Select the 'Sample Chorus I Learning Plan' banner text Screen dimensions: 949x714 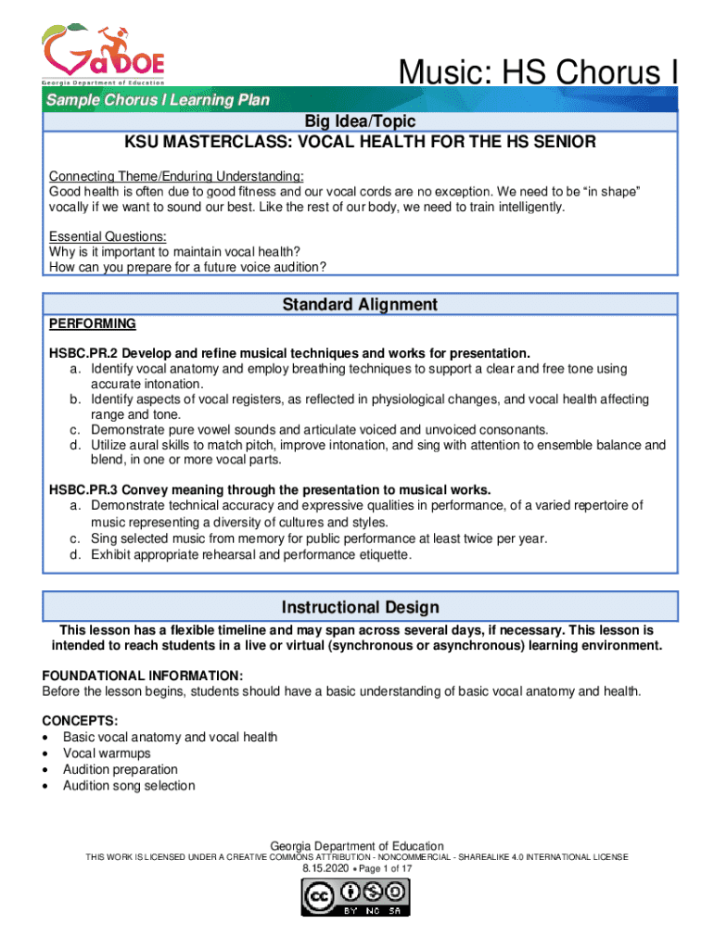pos(159,100)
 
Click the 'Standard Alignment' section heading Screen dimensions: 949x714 pos(360,304)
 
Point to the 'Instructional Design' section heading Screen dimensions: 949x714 pos(360,607)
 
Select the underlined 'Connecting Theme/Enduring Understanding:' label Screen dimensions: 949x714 pos(176,176)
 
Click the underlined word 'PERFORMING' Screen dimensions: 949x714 pos(92,323)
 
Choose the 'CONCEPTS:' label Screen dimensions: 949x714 pos(80,721)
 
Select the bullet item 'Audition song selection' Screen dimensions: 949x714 pos(129,786)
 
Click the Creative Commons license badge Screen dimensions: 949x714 pos(356,898)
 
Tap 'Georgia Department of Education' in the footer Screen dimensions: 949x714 pos(356,846)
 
